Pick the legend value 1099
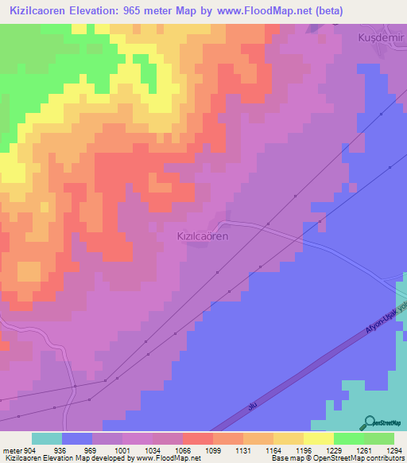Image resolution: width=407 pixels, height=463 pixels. coord(213,449)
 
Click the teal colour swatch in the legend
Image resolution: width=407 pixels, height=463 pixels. coord(47,438)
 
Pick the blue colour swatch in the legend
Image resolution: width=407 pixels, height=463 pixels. coord(77,438)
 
